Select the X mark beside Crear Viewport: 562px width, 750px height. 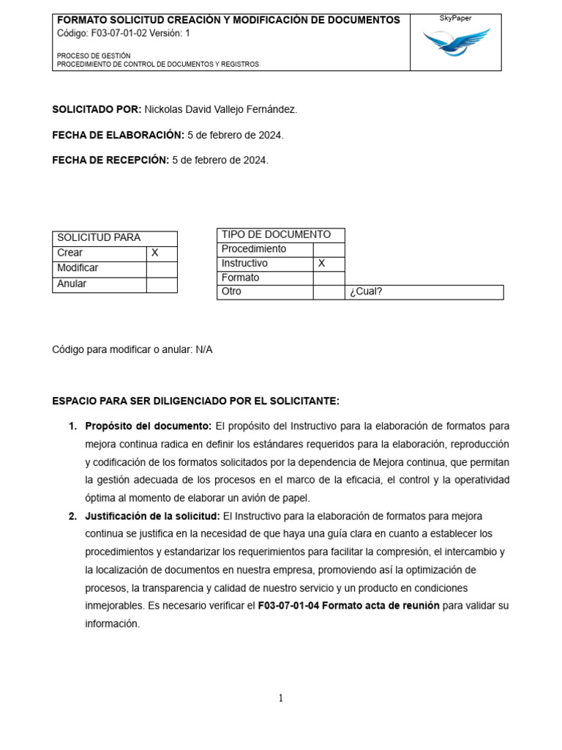155,253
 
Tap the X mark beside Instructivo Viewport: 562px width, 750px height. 321,263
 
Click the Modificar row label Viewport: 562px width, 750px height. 78,268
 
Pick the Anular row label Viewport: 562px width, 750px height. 72,283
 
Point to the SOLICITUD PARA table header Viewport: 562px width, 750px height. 99,237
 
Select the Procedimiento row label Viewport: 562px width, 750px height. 254,249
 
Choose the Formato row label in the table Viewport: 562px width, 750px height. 240,278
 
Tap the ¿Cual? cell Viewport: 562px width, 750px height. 367,292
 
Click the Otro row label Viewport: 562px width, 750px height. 231,292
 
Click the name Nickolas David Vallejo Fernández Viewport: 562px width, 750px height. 221,110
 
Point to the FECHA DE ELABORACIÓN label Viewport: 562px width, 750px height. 118,135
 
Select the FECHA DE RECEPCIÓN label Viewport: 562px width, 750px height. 110,160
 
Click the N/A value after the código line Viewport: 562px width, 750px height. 203,349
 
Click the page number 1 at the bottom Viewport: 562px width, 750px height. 280,698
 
